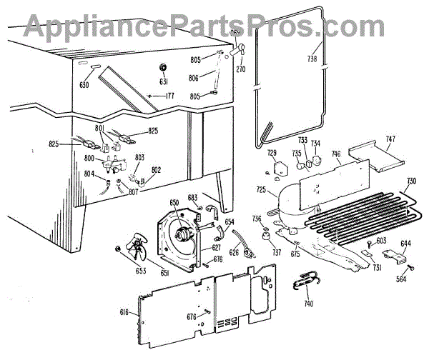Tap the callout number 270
tap(241, 70)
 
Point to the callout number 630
tap(85, 85)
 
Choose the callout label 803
tap(139, 156)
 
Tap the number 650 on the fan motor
tap(173, 204)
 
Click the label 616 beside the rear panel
tap(124, 312)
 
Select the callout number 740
tap(308, 304)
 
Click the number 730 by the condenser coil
tap(411, 180)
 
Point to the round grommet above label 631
tap(162, 68)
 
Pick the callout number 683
tap(192, 197)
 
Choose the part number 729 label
tap(272, 154)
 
